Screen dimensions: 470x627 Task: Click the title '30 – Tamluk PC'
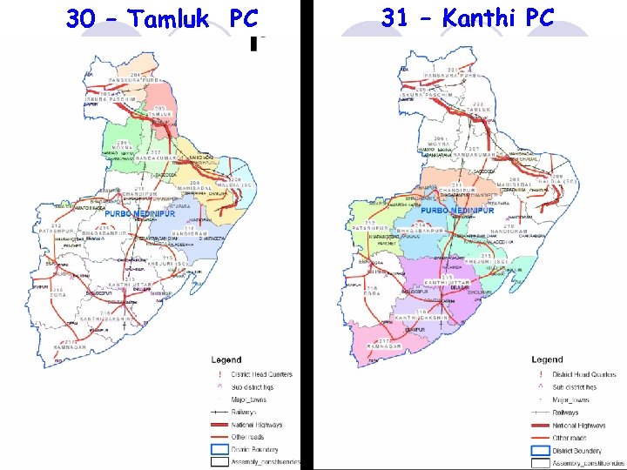click(162, 17)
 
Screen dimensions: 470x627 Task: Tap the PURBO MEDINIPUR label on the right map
click(457, 211)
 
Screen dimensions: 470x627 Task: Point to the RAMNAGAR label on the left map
click(70, 346)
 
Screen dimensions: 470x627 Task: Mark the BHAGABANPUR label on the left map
click(104, 233)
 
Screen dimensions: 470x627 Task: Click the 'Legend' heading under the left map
click(226, 359)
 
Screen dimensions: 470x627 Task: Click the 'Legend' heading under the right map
click(547, 359)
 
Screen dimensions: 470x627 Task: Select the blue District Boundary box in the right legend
click(540, 451)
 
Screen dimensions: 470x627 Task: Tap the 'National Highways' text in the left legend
click(257, 425)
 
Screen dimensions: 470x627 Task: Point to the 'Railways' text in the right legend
click(565, 413)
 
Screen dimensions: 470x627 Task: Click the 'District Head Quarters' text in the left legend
click(262, 374)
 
